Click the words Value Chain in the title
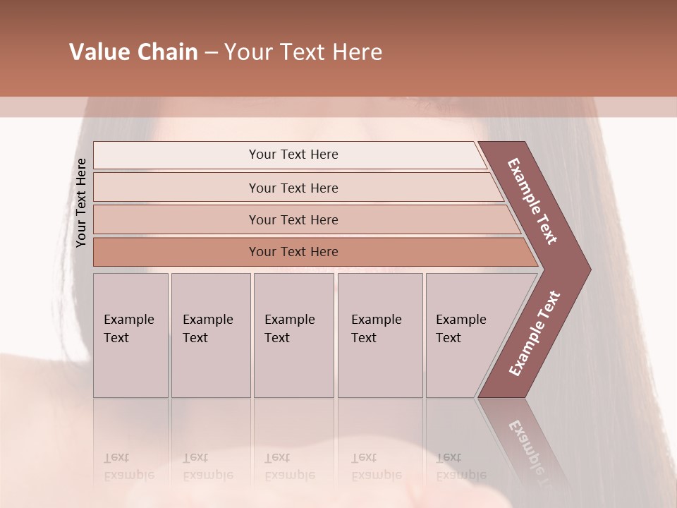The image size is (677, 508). (133, 52)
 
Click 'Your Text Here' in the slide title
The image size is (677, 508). (303, 52)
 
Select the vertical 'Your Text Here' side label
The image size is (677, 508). (81, 202)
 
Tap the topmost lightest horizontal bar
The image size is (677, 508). (293, 155)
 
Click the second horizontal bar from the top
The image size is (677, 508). (293, 188)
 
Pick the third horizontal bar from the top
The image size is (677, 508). (293, 219)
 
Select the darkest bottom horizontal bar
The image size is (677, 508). (293, 252)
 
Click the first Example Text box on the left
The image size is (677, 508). (130, 335)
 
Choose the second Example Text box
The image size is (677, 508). (210, 335)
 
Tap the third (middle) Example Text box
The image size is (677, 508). (293, 335)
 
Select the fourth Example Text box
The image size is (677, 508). (379, 335)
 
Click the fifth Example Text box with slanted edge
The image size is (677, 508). (465, 335)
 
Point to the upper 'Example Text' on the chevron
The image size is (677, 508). (532, 201)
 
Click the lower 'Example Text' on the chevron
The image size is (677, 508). (534, 334)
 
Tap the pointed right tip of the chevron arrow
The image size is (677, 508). (587, 270)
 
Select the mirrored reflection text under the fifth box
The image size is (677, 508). (461, 466)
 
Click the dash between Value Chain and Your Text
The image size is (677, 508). (211, 53)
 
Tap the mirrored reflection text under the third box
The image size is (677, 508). (289, 466)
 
